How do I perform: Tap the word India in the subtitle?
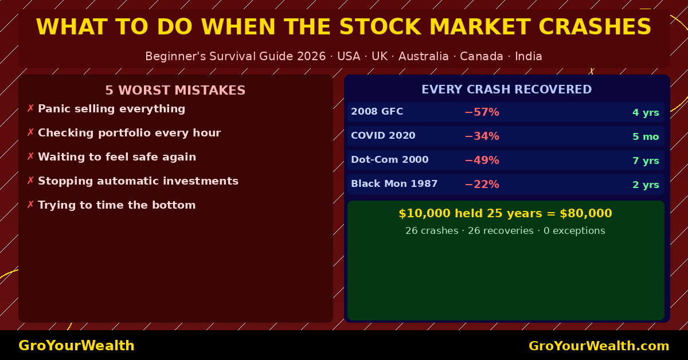click(x=528, y=57)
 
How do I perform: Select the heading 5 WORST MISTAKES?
click(x=175, y=91)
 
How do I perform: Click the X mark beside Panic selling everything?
click(x=30, y=109)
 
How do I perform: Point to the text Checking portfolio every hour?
click(x=129, y=133)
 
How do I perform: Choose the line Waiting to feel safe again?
click(x=117, y=157)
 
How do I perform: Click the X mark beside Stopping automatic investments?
click(x=30, y=181)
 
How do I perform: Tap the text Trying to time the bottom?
click(x=117, y=205)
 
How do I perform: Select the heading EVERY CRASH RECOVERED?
click(x=506, y=90)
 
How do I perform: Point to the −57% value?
click(x=482, y=112)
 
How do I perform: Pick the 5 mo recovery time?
click(x=646, y=136)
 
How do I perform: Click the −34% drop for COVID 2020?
click(x=482, y=136)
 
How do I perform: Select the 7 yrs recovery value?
click(x=646, y=161)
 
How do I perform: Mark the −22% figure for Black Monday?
click(x=482, y=185)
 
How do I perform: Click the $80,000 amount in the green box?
click(x=585, y=214)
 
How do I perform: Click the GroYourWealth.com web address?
click(x=599, y=346)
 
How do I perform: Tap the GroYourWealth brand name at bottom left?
click(x=76, y=346)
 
